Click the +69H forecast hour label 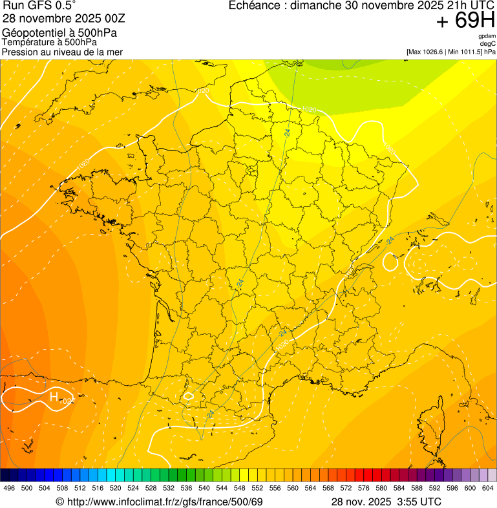click(465, 21)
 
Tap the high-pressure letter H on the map click(54, 396)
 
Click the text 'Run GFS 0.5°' click(39, 6)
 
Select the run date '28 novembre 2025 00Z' click(58, 19)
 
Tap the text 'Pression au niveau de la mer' click(62, 52)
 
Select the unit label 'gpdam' click(487, 36)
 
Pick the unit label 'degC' click(488, 43)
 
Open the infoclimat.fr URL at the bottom click(165, 502)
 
